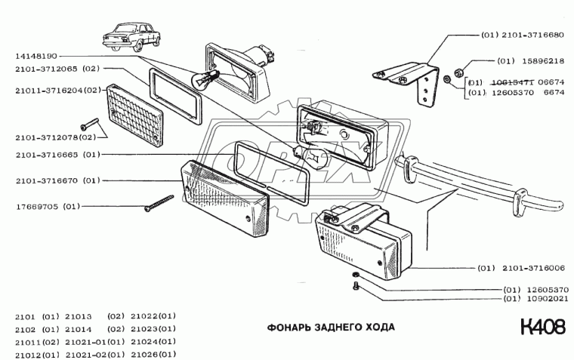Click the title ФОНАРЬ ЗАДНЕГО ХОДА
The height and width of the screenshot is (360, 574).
(330, 328)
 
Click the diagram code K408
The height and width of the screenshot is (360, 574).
(542, 328)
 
